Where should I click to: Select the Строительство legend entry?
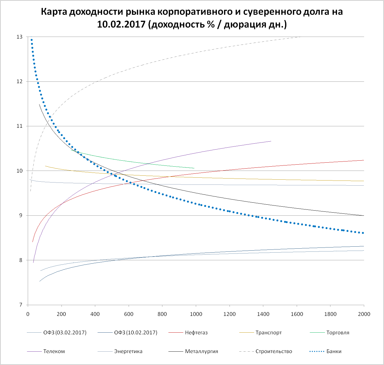pyautogui.click(x=273, y=351)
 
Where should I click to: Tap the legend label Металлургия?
pyautogui.click(x=201, y=351)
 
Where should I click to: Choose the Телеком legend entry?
pyautogui.click(x=54, y=351)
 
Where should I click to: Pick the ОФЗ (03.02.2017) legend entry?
pyautogui.click(x=65, y=333)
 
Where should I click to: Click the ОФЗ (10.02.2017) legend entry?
pyautogui.click(x=135, y=333)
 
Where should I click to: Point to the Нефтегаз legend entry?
pyautogui.click(x=196, y=333)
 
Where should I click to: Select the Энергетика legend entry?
pyautogui.click(x=128, y=351)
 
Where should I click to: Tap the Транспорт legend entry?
pyautogui.click(x=268, y=333)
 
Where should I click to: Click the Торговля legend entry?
pyautogui.click(x=338, y=333)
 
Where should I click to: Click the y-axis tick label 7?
pyautogui.click(x=21, y=305)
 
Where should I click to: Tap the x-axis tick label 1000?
pyautogui.click(x=196, y=314)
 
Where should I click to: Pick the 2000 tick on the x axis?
pyautogui.click(x=364, y=314)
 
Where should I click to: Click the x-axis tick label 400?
pyautogui.click(x=95, y=314)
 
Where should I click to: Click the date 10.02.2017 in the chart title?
pyautogui.click(x=121, y=24)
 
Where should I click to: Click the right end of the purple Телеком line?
pyautogui.click(x=271, y=141)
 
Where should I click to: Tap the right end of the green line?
pyautogui.click(x=194, y=168)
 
